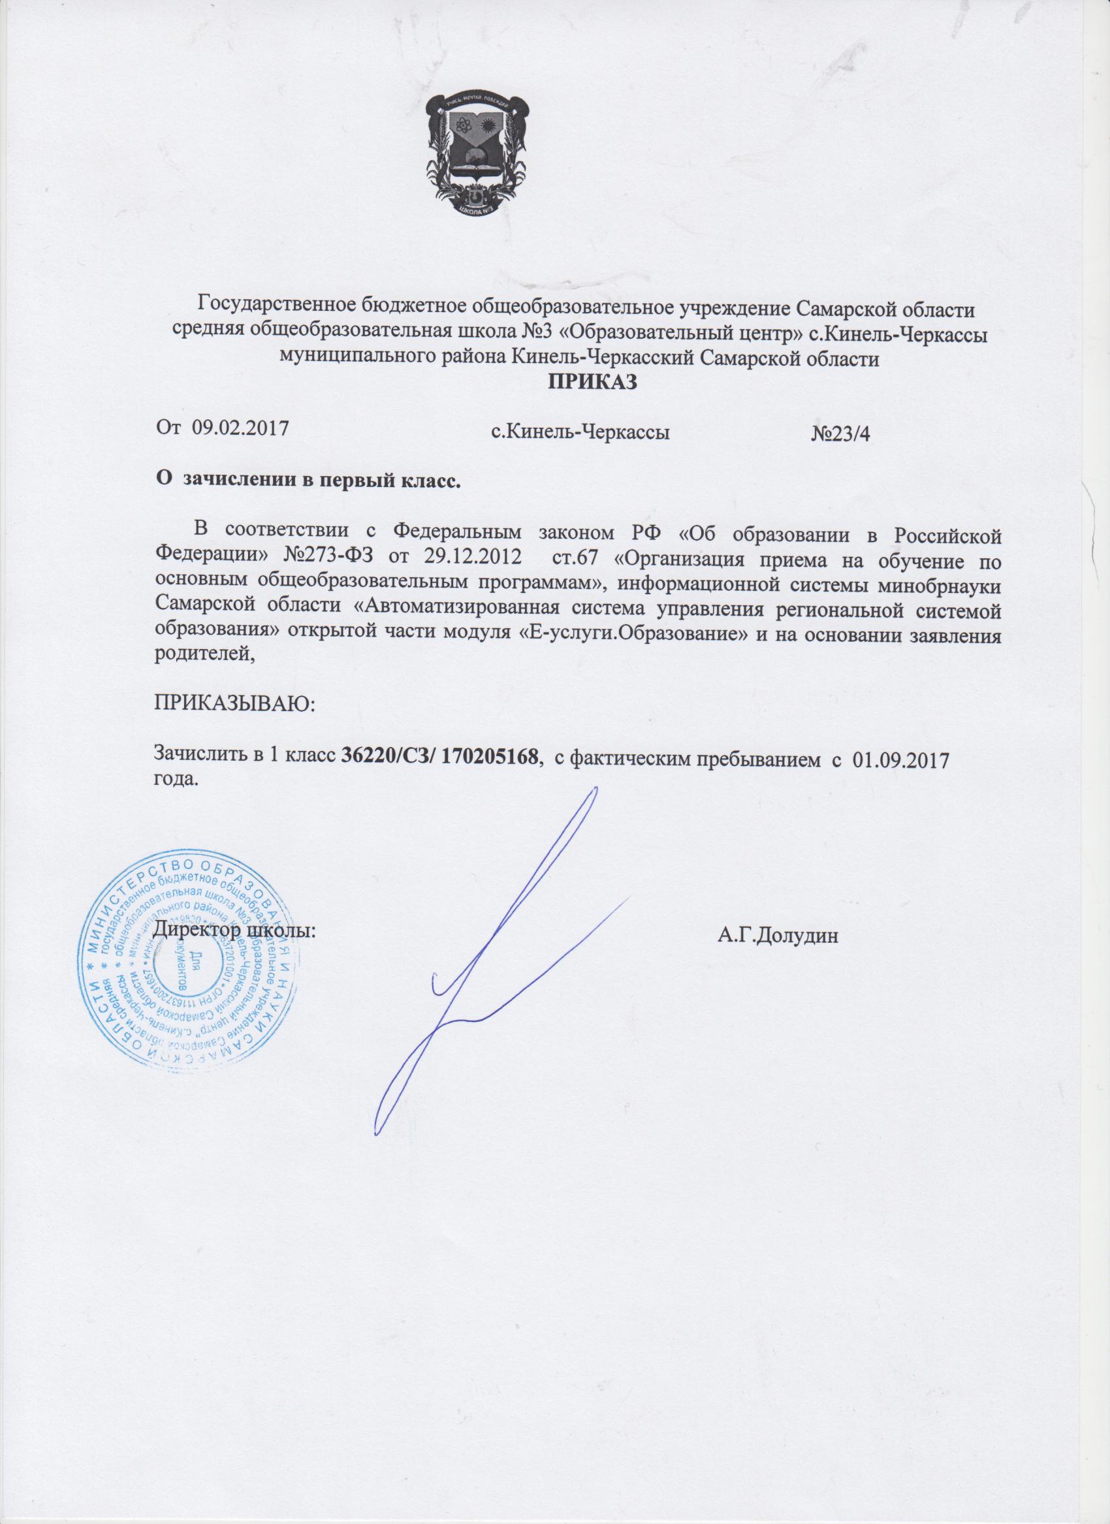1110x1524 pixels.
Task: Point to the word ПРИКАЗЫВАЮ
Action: (x=234, y=706)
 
